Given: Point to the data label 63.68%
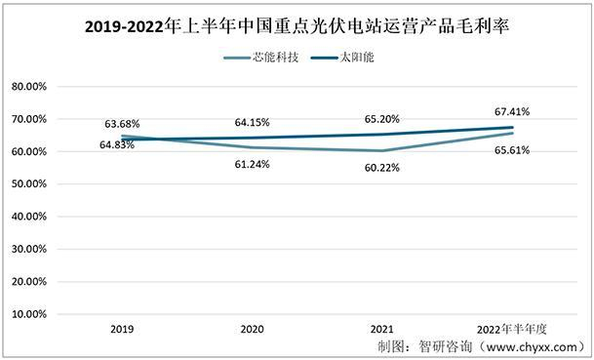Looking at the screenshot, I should pyautogui.click(x=124, y=124).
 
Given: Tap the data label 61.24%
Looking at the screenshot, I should pyautogui.click(x=252, y=164).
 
